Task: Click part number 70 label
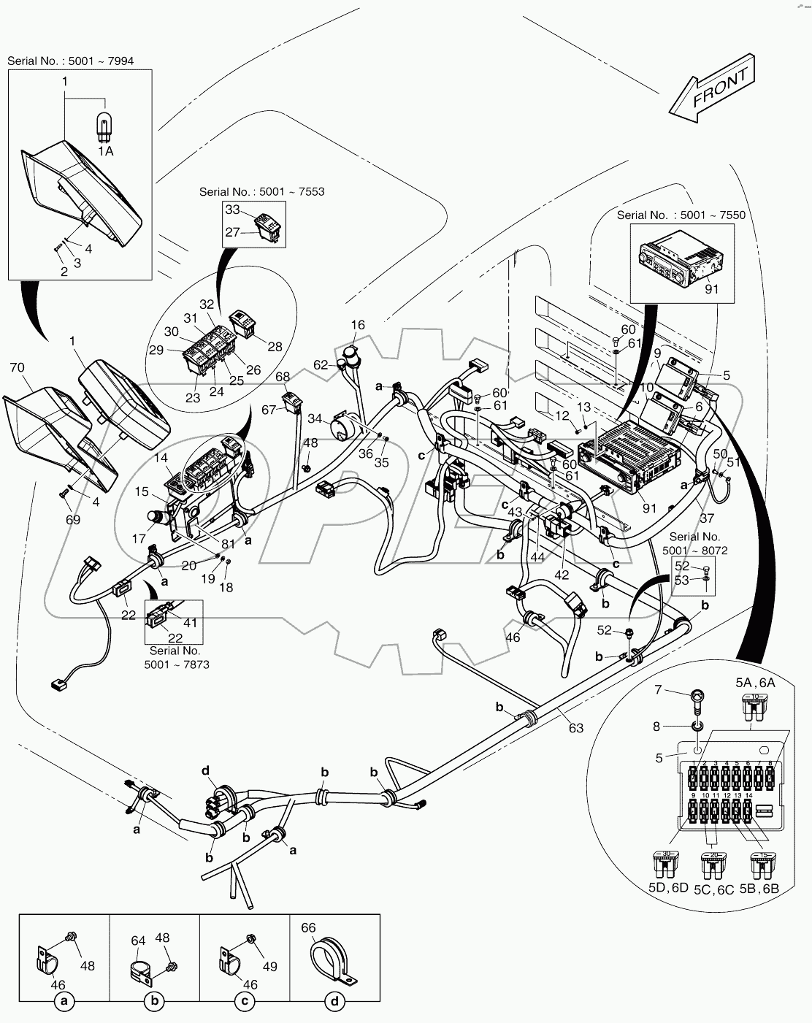18,367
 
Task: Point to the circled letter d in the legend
334,1003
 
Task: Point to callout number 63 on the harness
576,728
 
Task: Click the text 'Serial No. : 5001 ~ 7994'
71,61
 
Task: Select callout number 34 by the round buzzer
315,418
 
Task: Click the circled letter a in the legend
64,1003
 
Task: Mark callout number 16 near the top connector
357,324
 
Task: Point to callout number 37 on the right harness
707,517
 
